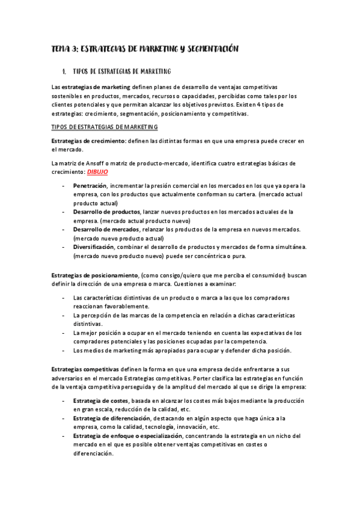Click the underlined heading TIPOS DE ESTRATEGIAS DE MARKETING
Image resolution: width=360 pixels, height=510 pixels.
tap(105, 127)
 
